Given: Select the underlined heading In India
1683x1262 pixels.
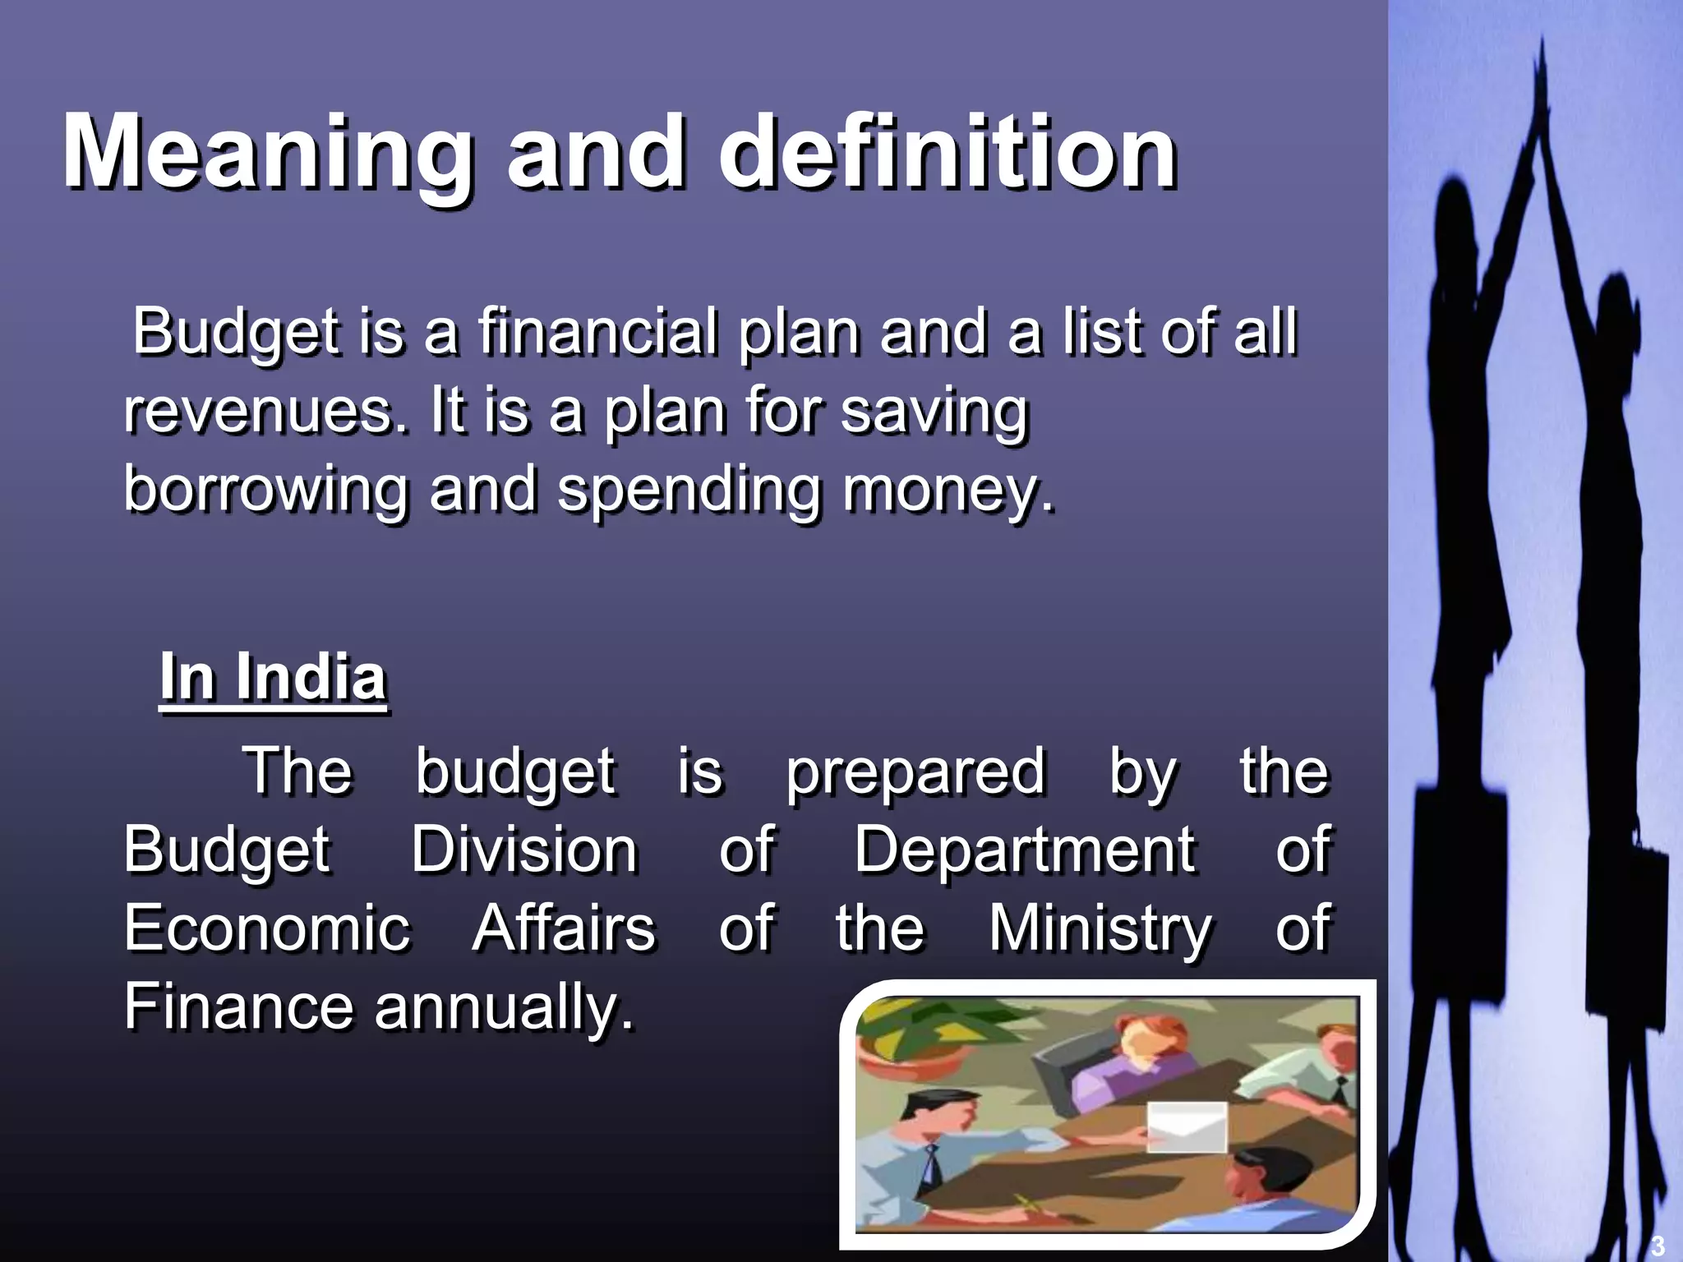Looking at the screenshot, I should [x=273, y=677].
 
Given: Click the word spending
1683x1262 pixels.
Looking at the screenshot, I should [x=689, y=490].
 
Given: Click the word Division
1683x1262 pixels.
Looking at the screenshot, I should [x=524, y=850].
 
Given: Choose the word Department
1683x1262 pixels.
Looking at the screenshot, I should [x=1025, y=850].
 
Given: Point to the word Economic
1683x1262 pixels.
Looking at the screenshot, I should [x=267, y=928].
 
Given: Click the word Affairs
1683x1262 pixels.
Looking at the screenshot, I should [x=564, y=928].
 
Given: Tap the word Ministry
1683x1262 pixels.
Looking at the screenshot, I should [x=1100, y=928].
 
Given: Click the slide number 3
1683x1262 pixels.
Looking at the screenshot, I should [x=1657, y=1246].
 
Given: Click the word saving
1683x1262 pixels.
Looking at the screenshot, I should [x=934, y=411].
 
